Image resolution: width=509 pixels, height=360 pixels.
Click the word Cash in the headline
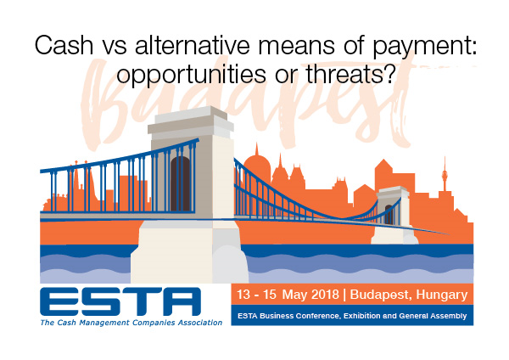[x=64, y=45]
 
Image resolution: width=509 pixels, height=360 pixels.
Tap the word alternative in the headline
[x=193, y=45]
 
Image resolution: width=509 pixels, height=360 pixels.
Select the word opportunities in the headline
[x=191, y=76]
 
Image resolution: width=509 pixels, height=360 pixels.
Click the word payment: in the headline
[x=424, y=47]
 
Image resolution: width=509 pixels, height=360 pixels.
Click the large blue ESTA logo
[x=120, y=301]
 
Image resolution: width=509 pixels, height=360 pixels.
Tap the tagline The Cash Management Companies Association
[x=131, y=323]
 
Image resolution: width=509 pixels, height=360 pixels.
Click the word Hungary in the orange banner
[x=442, y=295]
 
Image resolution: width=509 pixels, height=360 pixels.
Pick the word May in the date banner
[x=295, y=295]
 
